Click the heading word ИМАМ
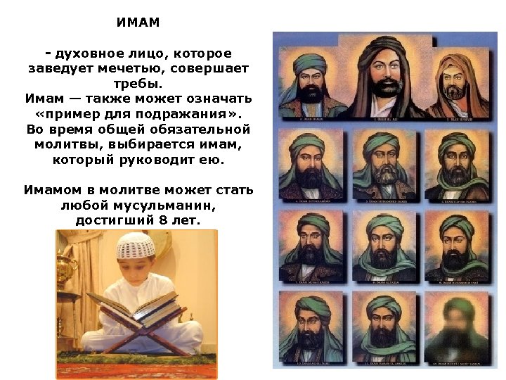(138, 23)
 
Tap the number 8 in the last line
(161, 221)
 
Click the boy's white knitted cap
(134, 246)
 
